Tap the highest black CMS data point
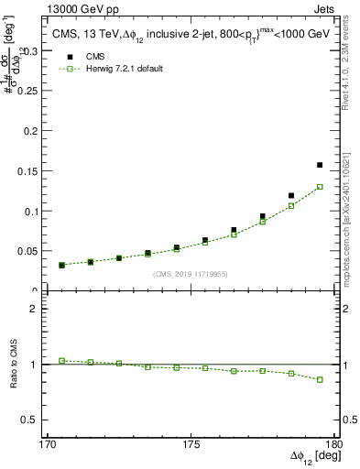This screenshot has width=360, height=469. (x=320, y=165)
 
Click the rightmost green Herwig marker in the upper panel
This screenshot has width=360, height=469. (x=320, y=187)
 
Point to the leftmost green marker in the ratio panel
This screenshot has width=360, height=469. (x=61, y=361)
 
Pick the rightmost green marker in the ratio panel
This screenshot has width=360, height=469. (x=320, y=379)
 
